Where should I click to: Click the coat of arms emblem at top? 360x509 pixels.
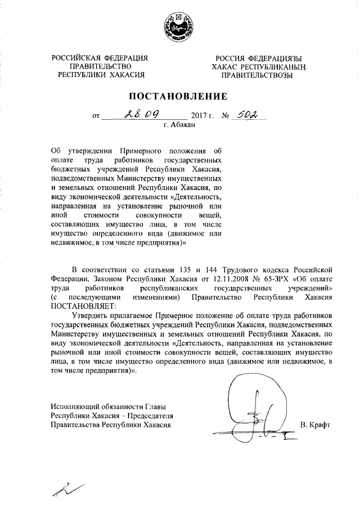[x=179, y=28]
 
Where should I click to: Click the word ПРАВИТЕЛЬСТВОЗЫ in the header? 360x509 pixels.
[x=256, y=75]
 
